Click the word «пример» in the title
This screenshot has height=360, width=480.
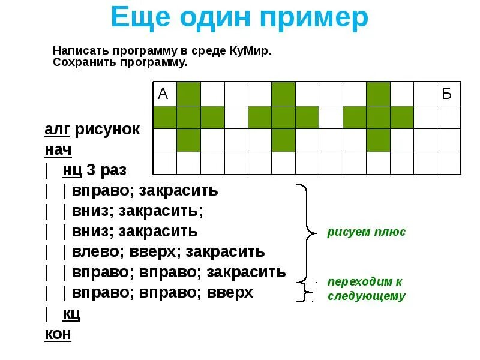pyautogui.click(x=310, y=19)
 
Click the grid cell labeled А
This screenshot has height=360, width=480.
pyautogui.click(x=164, y=94)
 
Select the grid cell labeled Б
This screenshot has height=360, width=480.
pyautogui.click(x=448, y=94)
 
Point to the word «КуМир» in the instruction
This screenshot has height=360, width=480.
pyautogui.click(x=250, y=51)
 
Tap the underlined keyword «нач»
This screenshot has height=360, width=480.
pyautogui.click(x=58, y=149)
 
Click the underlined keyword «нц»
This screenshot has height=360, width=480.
pyautogui.click(x=73, y=170)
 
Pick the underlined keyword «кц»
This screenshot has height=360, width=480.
pyautogui.click(x=71, y=313)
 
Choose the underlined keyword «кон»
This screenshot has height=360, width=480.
pyautogui.click(x=58, y=334)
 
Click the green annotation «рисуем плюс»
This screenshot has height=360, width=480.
pyautogui.click(x=366, y=232)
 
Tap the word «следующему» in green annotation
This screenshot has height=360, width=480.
pyautogui.click(x=366, y=296)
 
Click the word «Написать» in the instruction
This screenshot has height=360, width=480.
pyautogui.click(x=77, y=51)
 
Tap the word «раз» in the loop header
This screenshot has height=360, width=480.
pyautogui.click(x=113, y=170)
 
